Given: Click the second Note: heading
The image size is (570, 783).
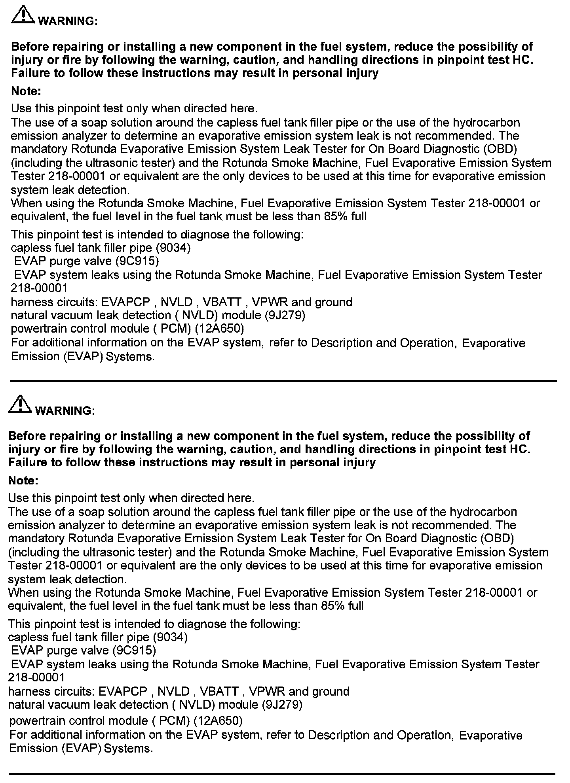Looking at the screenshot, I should (x=23, y=481).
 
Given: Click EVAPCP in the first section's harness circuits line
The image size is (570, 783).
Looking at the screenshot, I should (x=126, y=302).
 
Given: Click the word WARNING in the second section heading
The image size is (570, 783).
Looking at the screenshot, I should (x=63, y=411).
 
